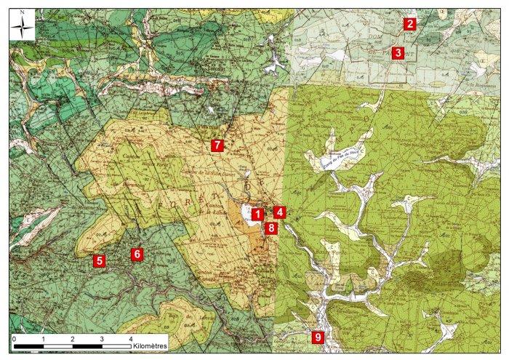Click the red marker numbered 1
[x=257, y=215]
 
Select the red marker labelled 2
[x=410, y=24]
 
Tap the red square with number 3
[x=398, y=52]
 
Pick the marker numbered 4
[x=280, y=212]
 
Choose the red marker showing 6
[x=135, y=254]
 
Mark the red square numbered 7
[x=216, y=145]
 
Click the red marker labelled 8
[x=271, y=228]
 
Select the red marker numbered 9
[x=316, y=337]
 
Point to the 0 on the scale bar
[x=15, y=340]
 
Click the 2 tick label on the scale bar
[x=73, y=340]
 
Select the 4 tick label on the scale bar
[x=130, y=340]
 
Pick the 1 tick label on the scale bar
[x=44, y=340]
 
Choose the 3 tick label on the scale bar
[x=102, y=340]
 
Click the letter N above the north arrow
[x=23, y=12]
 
